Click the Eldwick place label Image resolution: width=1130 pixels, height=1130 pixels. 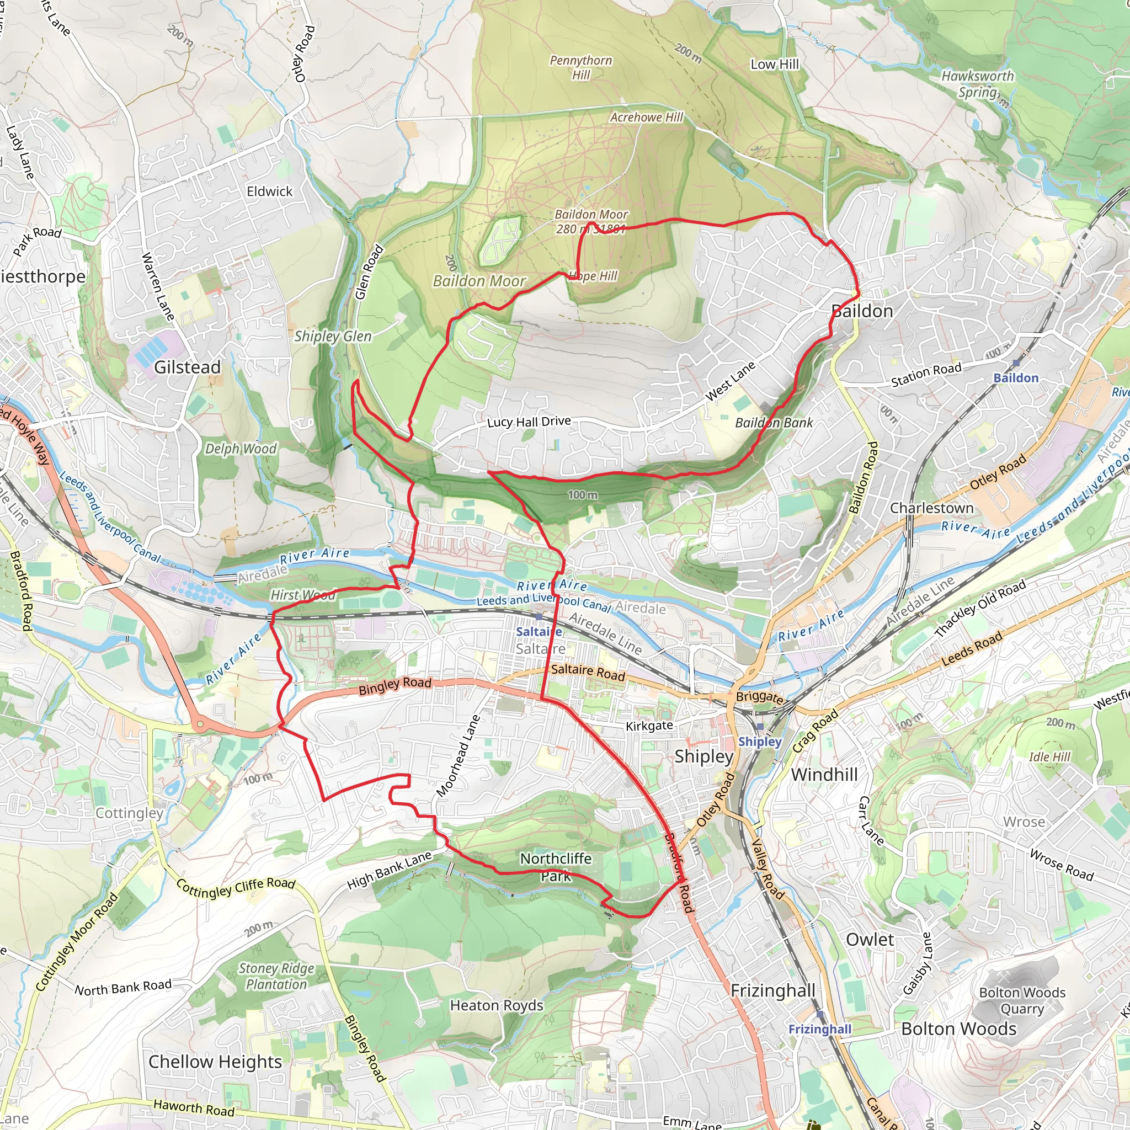[x=270, y=192]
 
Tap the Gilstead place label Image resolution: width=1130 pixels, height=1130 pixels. [x=187, y=367]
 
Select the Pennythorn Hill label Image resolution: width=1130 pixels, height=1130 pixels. [x=581, y=67]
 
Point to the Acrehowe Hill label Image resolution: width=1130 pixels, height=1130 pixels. [x=646, y=118]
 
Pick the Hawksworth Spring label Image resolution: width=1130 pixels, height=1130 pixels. [x=977, y=84]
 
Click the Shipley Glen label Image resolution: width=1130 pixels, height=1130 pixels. [x=333, y=337]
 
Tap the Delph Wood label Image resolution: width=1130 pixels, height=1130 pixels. [x=241, y=449]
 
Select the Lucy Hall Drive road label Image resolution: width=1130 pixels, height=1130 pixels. [x=529, y=422]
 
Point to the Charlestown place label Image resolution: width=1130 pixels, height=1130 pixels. [x=932, y=508]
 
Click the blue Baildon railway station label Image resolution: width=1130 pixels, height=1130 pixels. [x=1016, y=379]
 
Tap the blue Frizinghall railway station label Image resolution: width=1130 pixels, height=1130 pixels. [x=819, y=1030]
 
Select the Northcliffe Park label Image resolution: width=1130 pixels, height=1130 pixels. [x=556, y=867]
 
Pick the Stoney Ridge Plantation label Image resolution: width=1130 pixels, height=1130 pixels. [x=276, y=976]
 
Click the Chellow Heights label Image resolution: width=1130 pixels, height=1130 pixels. [x=215, y=1062]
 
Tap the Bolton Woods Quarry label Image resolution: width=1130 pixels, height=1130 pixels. [x=1022, y=1001]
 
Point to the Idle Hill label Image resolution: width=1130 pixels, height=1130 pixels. [x=1049, y=757]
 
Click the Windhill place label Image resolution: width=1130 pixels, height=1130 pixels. [x=824, y=775]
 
